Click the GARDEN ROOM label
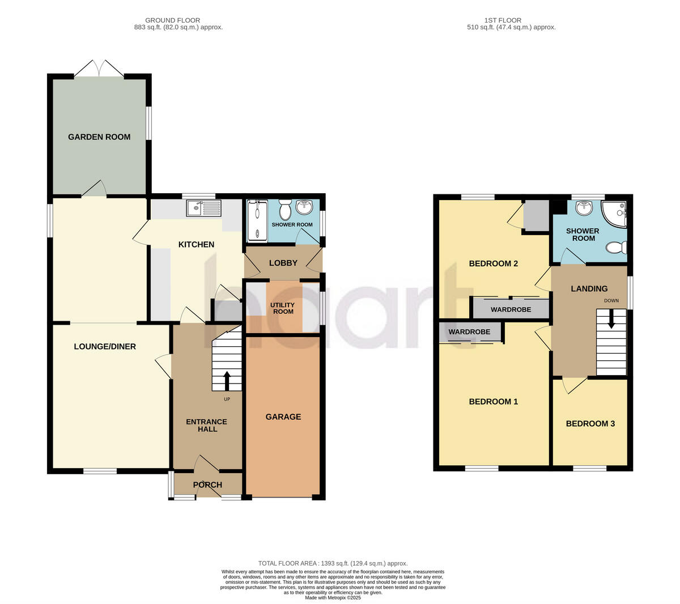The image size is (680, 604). pos(99,137)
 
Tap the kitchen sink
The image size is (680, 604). pos(203,209)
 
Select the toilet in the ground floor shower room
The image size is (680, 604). pos(285,211)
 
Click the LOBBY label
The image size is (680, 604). pos(283,263)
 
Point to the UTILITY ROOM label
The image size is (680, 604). pos(283,308)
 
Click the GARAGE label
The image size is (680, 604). pos(283,416)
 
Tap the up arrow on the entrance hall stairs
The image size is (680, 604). pos(227,381)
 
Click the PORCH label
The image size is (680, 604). pos(207,484)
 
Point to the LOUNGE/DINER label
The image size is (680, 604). pos(105,346)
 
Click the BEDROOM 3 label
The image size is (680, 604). pos(590,423)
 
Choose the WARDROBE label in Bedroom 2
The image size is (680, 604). pos(511,309)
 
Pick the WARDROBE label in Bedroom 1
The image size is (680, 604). pos(469,331)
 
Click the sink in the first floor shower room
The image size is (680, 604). pos(584,209)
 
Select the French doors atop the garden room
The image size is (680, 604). pos(99,69)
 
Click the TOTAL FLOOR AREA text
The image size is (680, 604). pos(333,563)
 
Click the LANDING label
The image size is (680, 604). pos(589,288)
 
